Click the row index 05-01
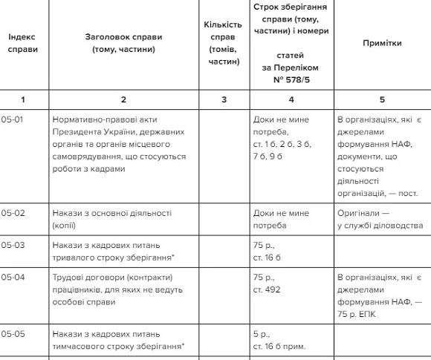(13, 120)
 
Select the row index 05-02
(13, 213)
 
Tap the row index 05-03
(13, 245)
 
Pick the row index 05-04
(13, 277)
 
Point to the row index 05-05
(13, 333)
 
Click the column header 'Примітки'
(382, 43)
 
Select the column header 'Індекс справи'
(22, 43)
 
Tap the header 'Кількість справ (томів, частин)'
(223, 43)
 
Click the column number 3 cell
(224, 99)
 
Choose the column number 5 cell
(382, 99)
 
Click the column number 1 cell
(22, 99)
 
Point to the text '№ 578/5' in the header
(290, 79)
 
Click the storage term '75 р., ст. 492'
(268, 283)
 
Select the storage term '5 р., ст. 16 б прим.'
(282, 339)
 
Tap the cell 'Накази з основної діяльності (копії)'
(111, 219)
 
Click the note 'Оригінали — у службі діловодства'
(375, 219)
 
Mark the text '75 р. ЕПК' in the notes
(360, 315)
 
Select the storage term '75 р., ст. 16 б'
(268, 251)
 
